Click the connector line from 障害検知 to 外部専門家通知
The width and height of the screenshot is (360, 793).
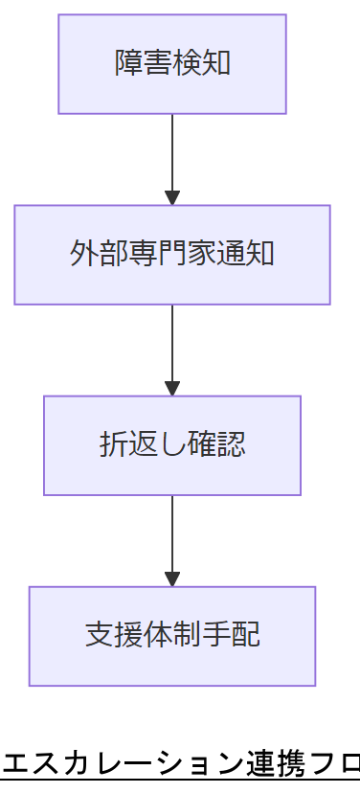(172, 153)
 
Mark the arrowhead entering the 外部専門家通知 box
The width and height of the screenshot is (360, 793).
(172, 198)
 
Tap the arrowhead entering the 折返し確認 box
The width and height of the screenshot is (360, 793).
(172, 389)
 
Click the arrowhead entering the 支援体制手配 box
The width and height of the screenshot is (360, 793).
(172, 579)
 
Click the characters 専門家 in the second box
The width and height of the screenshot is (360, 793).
(172, 254)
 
